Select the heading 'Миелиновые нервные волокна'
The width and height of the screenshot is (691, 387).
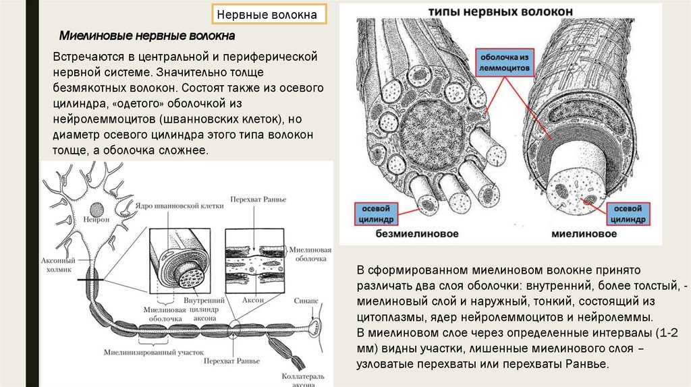(x=147, y=35)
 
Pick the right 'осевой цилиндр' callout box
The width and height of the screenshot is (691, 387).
(x=628, y=213)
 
